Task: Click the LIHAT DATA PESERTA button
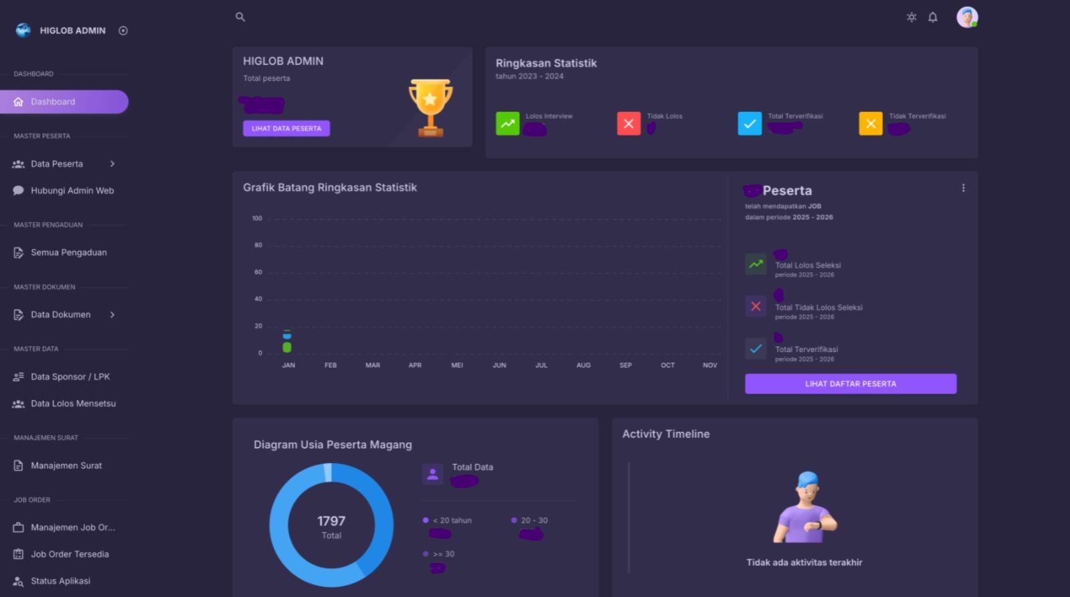(286, 129)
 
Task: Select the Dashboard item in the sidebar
(64, 102)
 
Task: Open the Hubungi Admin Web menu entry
(72, 191)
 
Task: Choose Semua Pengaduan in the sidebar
(68, 252)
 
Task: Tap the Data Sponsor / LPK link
(70, 377)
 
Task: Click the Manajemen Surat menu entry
(66, 466)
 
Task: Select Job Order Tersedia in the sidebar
(70, 554)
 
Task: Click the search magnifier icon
(240, 17)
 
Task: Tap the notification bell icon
(933, 17)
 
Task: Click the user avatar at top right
(967, 17)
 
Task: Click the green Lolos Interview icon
(507, 123)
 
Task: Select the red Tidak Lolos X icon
(628, 123)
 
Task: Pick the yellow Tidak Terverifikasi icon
(871, 123)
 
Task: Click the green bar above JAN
(287, 347)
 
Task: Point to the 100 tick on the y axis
(257, 218)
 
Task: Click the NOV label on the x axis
(710, 365)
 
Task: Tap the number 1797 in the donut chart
(331, 521)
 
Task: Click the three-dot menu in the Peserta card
(964, 188)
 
